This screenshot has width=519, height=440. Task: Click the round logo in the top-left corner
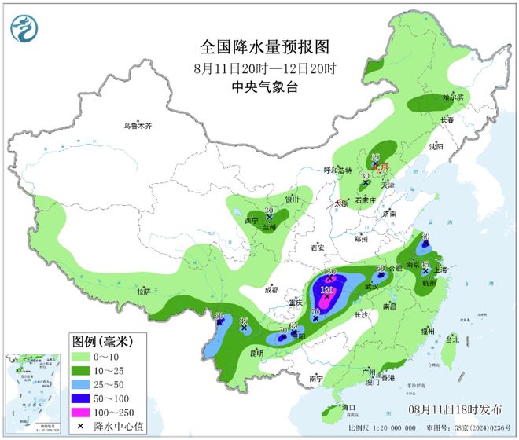24,28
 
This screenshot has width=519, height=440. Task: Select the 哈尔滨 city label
453,97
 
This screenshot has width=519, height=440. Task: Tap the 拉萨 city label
142,291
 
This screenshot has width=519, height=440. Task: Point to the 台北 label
451,340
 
